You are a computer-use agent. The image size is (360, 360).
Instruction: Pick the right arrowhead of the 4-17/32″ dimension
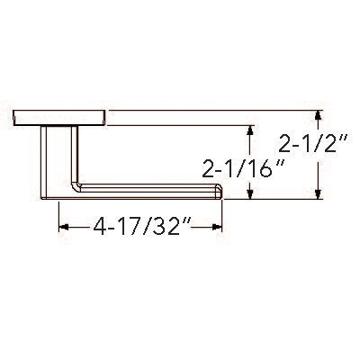point(217,228)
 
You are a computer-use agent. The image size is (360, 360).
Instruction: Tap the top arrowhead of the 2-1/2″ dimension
point(318,115)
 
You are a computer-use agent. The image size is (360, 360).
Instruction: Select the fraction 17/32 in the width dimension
point(154,228)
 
